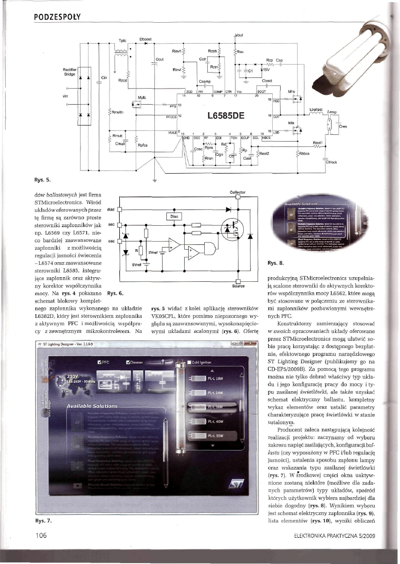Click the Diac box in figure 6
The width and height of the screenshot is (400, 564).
pos(174,217)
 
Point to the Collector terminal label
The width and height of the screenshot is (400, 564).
pos(238,193)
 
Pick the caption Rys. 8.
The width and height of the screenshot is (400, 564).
pos(272,263)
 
